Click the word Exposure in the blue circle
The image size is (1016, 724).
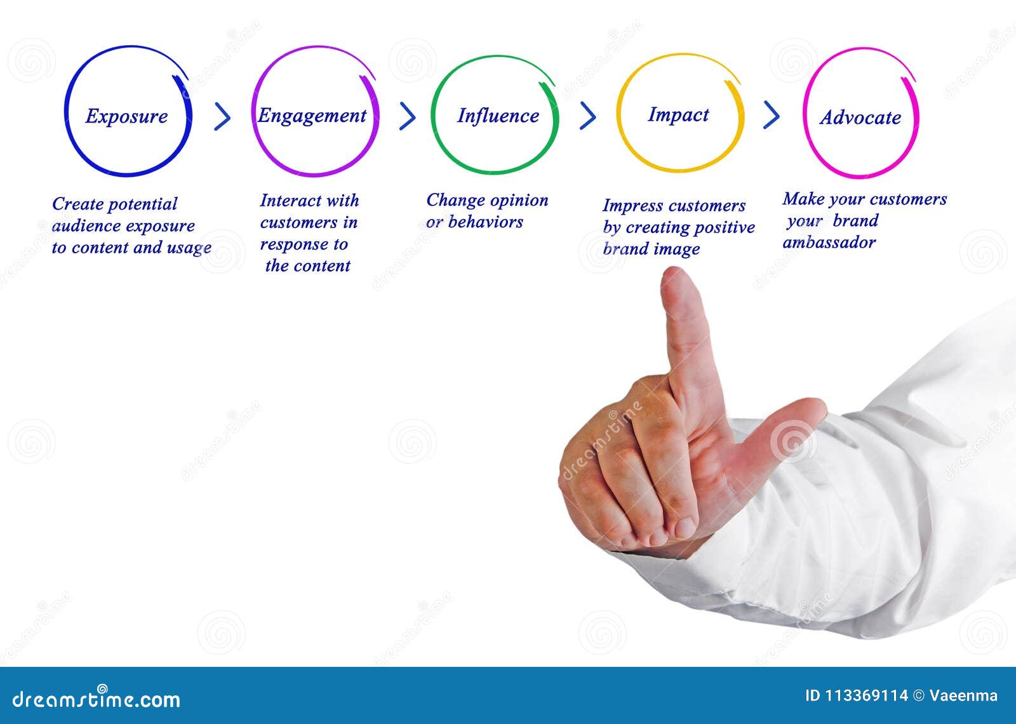click(x=126, y=116)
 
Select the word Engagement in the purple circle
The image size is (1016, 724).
click(x=312, y=116)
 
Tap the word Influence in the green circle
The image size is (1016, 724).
click(x=498, y=116)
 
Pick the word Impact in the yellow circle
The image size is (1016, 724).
click(x=678, y=114)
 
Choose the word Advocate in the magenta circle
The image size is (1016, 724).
click(x=860, y=117)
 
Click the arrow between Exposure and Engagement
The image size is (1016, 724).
click(x=222, y=116)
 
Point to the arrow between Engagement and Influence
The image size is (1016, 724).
click(x=407, y=116)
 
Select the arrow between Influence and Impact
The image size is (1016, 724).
click(x=588, y=116)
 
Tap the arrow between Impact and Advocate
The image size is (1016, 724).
click(x=771, y=114)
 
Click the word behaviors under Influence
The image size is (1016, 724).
click(x=485, y=222)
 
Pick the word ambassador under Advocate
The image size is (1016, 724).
click(x=829, y=243)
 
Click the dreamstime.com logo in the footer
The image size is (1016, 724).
click(x=97, y=698)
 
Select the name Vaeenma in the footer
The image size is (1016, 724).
click(x=963, y=695)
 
